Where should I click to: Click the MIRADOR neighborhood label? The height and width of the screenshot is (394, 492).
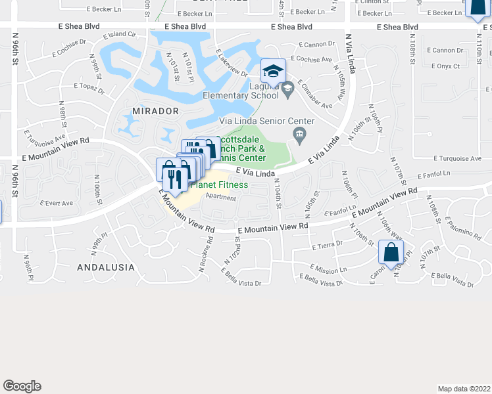pyautogui.click(x=156, y=111)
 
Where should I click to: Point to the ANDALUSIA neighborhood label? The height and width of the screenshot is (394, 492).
pyautogui.click(x=106, y=267)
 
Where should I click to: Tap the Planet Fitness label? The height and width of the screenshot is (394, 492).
pyautogui.click(x=219, y=185)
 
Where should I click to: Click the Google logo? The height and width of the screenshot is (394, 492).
pyautogui.click(x=22, y=386)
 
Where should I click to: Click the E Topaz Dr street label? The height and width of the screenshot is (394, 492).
pyautogui.click(x=89, y=86)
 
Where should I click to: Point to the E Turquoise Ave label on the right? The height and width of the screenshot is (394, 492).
pyautogui.click(x=458, y=159)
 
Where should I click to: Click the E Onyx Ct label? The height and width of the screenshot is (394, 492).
pyautogui.click(x=446, y=66)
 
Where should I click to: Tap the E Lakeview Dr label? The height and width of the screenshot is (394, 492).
pyautogui.click(x=231, y=64)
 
